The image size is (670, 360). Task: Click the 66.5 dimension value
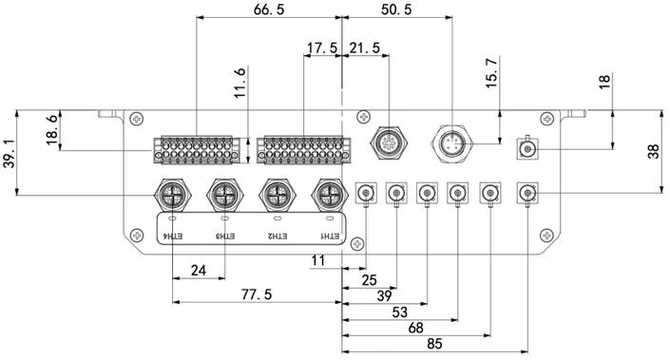point(269,9)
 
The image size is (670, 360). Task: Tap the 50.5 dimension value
point(396,9)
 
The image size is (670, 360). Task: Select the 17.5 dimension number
point(322,47)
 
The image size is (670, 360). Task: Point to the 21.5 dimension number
point(365,47)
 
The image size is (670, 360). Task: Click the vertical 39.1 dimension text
point(10,153)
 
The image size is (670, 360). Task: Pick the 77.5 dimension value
point(257,294)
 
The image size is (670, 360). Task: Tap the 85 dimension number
point(434,344)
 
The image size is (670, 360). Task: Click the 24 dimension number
point(199,271)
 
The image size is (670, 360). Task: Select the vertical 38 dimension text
point(653,151)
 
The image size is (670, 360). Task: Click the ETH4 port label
point(173,237)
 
